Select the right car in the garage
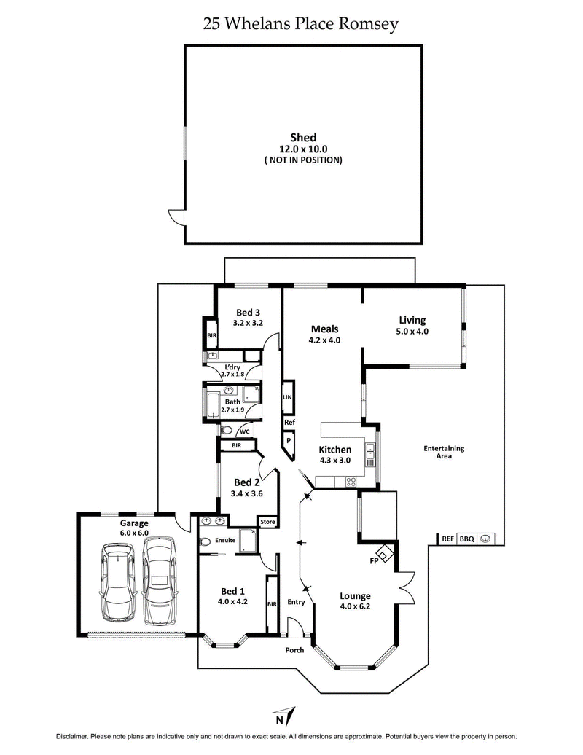(160, 580)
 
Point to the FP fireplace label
(375, 560)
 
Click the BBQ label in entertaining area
(466, 539)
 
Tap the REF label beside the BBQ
(448, 539)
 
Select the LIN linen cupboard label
(288, 397)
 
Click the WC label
(245, 431)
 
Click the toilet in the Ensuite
(206, 541)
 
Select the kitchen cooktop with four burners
(350, 481)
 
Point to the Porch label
(294, 650)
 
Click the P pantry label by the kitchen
(289, 441)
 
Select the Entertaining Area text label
(444, 452)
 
